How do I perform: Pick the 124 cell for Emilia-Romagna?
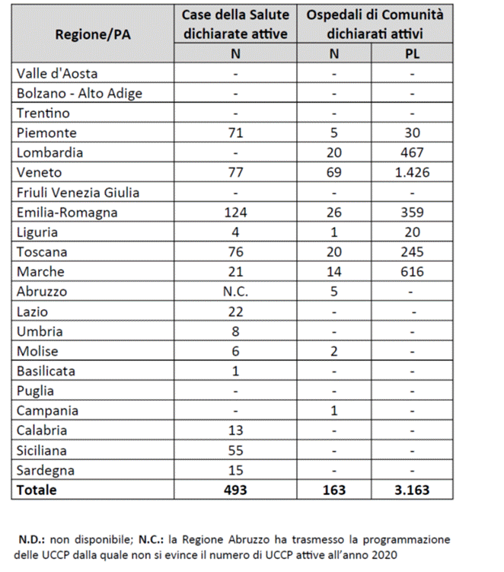pyautogui.click(x=235, y=212)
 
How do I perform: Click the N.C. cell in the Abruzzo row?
pyautogui.click(x=235, y=291)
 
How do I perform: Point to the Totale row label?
pyautogui.click(x=37, y=490)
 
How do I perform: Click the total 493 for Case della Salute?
pyautogui.click(x=235, y=490)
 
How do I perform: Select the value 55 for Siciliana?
pyautogui.click(x=235, y=450)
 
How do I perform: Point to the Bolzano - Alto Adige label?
pyautogui.click(x=78, y=93)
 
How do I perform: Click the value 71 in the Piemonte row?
pyautogui.click(x=235, y=133)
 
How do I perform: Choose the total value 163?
pyautogui.click(x=333, y=490)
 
